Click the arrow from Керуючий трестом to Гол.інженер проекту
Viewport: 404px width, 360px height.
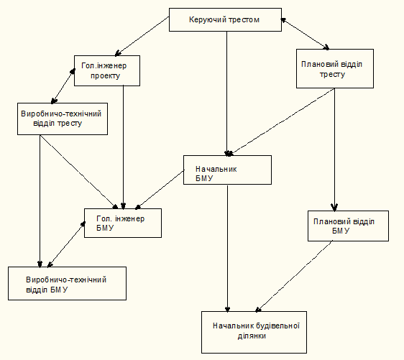point(142,37)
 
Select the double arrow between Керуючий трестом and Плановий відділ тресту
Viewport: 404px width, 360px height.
point(305,34)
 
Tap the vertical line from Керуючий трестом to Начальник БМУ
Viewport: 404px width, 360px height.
point(227,93)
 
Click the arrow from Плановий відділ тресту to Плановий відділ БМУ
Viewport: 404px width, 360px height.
point(335,149)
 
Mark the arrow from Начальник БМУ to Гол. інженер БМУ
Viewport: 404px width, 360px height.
point(160,190)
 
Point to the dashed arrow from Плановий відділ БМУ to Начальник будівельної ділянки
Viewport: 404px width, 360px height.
point(294,277)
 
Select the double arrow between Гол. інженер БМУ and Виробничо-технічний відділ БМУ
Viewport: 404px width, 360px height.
point(66,244)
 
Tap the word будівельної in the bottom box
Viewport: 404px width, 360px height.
point(277,326)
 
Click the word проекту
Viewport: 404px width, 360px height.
point(105,76)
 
